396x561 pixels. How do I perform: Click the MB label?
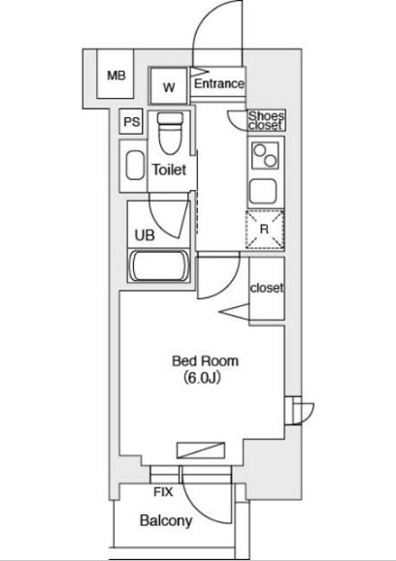click(x=116, y=76)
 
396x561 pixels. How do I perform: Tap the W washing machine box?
click(x=169, y=86)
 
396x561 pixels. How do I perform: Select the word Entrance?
click(x=219, y=83)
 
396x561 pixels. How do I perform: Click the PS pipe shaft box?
click(x=132, y=122)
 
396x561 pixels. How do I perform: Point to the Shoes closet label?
click(x=267, y=120)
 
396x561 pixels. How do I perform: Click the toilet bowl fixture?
click(x=170, y=133)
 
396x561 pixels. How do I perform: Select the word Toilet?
click(x=169, y=170)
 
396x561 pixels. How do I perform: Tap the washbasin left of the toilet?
click(x=135, y=166)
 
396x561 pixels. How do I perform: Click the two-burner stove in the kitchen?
click(x=266, y=156)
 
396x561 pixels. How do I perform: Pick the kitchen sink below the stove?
click(x=263, y=191)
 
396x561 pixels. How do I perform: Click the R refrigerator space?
click(x=265, y=230)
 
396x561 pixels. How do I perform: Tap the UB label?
click(x=145, y=235)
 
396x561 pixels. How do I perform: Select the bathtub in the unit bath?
click(x=159, y=266)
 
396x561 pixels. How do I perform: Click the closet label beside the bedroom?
click(x=267, y=288)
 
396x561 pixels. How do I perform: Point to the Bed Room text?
click(x=205, y=361)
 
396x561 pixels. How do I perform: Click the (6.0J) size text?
click(x=202, y=378)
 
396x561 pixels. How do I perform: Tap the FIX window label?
click(x=163, y=492)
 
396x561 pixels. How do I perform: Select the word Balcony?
click(x=166, y=521)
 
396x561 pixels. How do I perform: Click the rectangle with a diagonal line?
click(x=201, y=451)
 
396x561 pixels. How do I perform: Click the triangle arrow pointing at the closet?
click(x=234, y=312)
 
